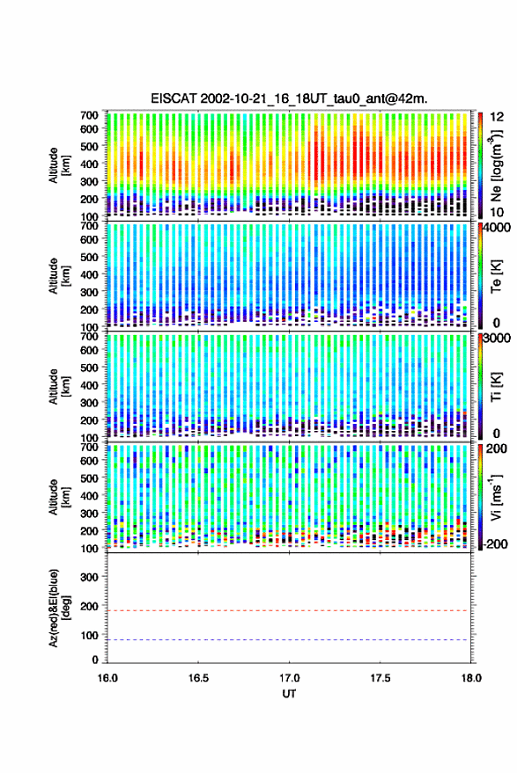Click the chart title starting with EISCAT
click(289, 98)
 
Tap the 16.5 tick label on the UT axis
click(198, 678)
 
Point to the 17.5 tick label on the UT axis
click(380, 678)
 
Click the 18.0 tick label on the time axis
click(471, 678)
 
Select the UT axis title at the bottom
click(289, 694)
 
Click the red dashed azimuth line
click(289, 611)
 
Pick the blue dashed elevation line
click(289, 640)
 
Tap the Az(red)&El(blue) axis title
click(58, 609)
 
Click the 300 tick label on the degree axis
click(89, 577)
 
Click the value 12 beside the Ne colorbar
click(498, 117)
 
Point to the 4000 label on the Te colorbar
click(498, 228)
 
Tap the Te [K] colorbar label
click(496, 275)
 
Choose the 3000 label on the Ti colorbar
click(498, 339)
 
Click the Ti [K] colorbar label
click(496, 387)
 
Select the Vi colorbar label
click(496, 497)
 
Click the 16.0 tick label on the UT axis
click(107, 678)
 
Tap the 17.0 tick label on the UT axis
click(289, 678)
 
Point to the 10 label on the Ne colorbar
click(498, 213)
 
